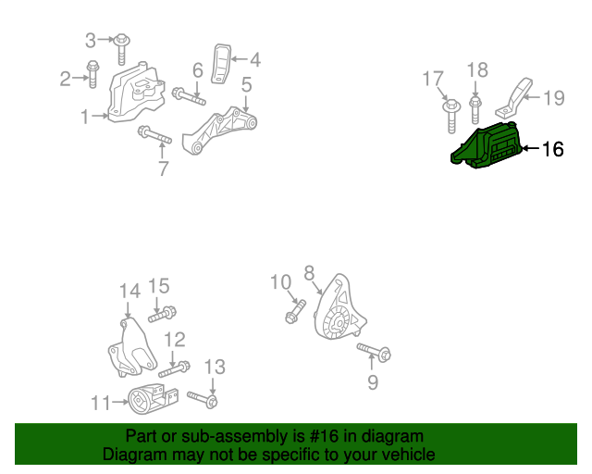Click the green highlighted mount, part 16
(x=487, y=145)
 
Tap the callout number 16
(x=553, y=149)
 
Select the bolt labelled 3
(x=121, y=49)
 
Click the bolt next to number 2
(x=92, y=74)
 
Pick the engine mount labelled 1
(x=136, y=93)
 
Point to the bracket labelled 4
(x=221, y=64)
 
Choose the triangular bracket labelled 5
(x=219, y=130)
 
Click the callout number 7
(x=163, y=168)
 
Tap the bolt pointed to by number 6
(x=189, y=96)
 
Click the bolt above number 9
(x=374, y=352)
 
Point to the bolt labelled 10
(x=295, y=311)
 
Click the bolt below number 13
(x=203, y=399)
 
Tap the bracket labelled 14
(x=131, y=348)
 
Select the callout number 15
(x=158, y=286)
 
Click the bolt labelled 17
(x=451, y=116)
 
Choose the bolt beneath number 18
(x=475, y=110)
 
